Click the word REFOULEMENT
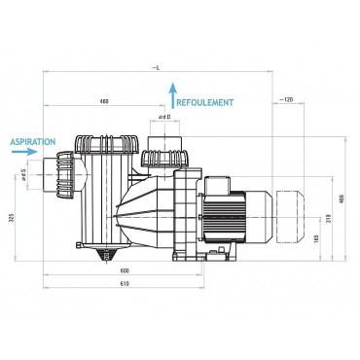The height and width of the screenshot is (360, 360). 207,100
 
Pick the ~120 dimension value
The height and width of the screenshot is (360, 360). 286,100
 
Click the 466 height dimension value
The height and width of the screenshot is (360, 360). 340,198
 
